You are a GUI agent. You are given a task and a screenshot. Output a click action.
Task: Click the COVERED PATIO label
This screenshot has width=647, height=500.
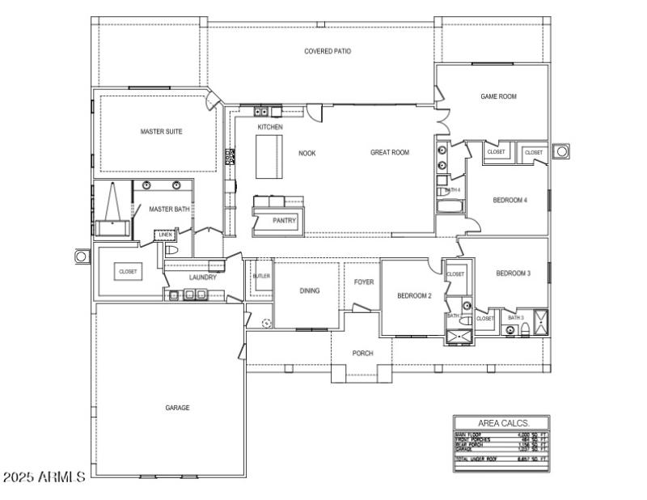(328, 51)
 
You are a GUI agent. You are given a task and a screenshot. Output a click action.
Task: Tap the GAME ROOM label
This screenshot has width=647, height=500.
(498, 96)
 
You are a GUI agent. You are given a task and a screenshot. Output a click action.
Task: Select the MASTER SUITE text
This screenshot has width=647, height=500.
(161, 131)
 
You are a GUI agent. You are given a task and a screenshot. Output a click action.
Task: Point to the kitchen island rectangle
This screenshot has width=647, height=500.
(269, 155)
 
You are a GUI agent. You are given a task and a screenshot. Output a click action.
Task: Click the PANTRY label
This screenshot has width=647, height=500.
(284, 220)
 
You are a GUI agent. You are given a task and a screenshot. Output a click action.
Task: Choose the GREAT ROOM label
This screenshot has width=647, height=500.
(390, 152)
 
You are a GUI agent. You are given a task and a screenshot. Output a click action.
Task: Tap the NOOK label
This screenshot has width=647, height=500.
(307, 152)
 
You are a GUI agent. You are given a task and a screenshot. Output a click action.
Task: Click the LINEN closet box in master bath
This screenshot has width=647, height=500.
(165, 235)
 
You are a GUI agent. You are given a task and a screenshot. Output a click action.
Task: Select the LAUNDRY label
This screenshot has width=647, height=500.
(202, 278)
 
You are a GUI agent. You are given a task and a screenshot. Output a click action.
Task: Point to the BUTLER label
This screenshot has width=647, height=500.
(260, 276)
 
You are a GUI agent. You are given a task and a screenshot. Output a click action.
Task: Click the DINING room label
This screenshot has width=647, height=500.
(309, 290)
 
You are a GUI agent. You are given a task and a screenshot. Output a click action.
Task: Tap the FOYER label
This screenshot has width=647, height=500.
(364, 282)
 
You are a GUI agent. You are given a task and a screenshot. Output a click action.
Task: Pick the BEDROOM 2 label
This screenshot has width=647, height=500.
(414, 296)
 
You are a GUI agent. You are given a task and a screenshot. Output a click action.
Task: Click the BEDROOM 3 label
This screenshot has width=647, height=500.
(513, 273)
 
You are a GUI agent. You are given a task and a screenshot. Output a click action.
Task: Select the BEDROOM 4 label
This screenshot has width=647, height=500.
(510, 200)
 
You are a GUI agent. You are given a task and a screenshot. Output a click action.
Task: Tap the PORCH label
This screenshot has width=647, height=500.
(362, 353)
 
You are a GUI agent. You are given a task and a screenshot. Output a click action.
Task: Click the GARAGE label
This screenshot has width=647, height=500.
(177, 408)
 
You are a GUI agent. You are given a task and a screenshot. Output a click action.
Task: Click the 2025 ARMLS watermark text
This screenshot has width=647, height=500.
(44, 477)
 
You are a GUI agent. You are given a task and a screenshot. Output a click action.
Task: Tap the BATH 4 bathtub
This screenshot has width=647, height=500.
(450, 206)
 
